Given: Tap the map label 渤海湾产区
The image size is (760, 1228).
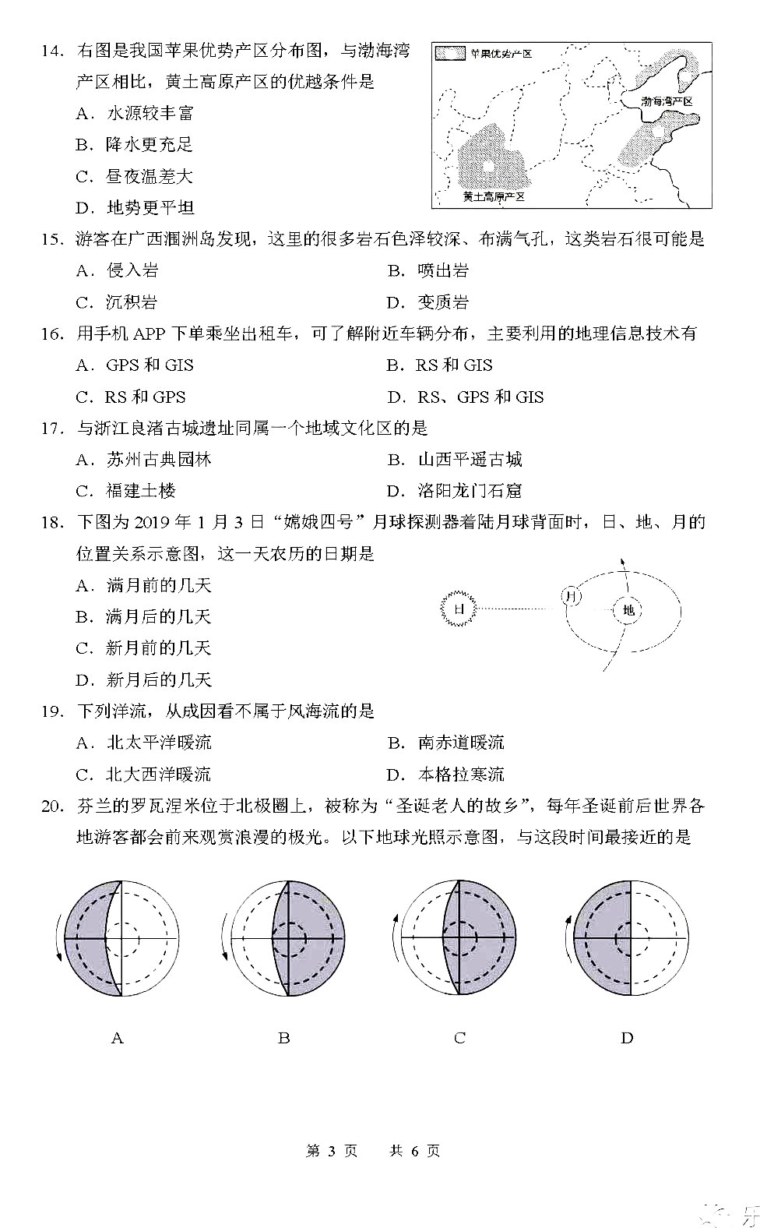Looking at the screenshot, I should pos(667,102).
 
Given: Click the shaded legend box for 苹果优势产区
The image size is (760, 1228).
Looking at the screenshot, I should pos(451,54).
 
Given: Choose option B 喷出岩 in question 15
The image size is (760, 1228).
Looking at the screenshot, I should pos(428,271).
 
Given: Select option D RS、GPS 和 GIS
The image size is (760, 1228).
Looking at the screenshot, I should pos(466,397).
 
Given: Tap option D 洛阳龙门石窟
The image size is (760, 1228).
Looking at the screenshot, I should pos(454,491).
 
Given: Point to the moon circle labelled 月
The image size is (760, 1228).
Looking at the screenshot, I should pos(572,597).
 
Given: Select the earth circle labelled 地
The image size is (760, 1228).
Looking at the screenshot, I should pos(628,610).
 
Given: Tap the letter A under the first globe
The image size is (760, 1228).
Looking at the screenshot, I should pos(118,1038).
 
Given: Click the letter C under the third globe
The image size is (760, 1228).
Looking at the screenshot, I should pos(459,1038).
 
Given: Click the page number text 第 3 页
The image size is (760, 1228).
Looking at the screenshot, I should pos(332,1151).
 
